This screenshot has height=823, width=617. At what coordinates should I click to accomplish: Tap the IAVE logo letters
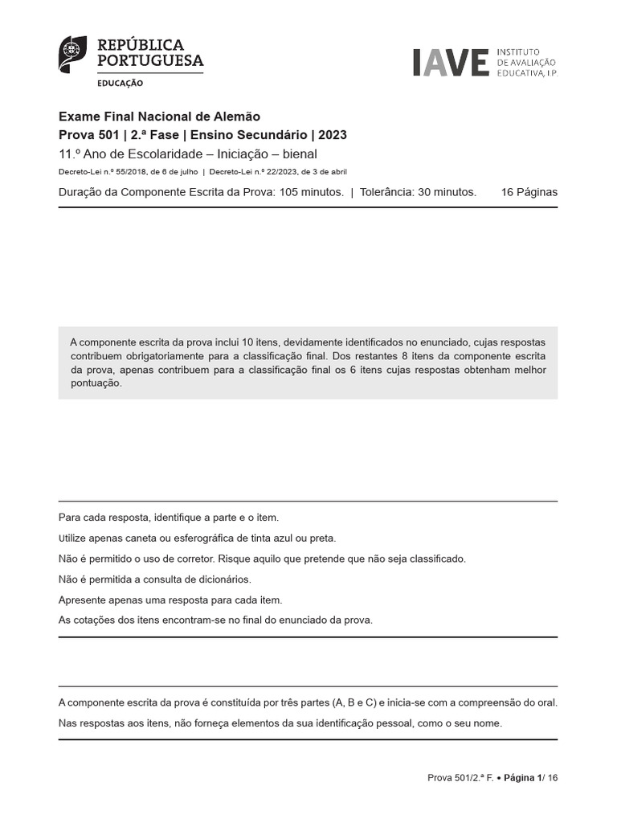451,63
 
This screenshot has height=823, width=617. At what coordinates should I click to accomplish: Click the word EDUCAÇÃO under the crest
121,83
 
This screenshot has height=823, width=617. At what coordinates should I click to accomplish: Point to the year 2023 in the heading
333,135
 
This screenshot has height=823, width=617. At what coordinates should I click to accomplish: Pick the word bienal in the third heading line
296,154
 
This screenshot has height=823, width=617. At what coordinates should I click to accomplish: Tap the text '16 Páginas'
529,192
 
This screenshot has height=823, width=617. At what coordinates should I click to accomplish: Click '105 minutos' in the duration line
312,192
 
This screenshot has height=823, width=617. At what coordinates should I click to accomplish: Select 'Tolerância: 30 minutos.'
418,192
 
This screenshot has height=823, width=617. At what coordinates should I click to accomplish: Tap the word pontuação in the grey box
96,383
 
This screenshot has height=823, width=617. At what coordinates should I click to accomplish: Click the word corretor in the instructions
196,559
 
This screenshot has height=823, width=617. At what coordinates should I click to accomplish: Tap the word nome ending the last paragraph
487,723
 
